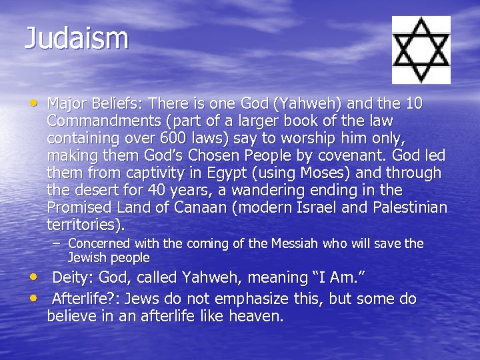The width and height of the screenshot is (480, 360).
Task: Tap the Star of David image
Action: pyautogui.click(x=421, y=49)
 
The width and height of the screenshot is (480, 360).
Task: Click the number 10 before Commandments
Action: pyautogui.click(x=414, y=104)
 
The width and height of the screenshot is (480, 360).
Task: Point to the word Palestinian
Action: pyautogui.click(x=403, y=208)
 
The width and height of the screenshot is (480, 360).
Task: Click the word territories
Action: pyautogui.click(x=84, y=225)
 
